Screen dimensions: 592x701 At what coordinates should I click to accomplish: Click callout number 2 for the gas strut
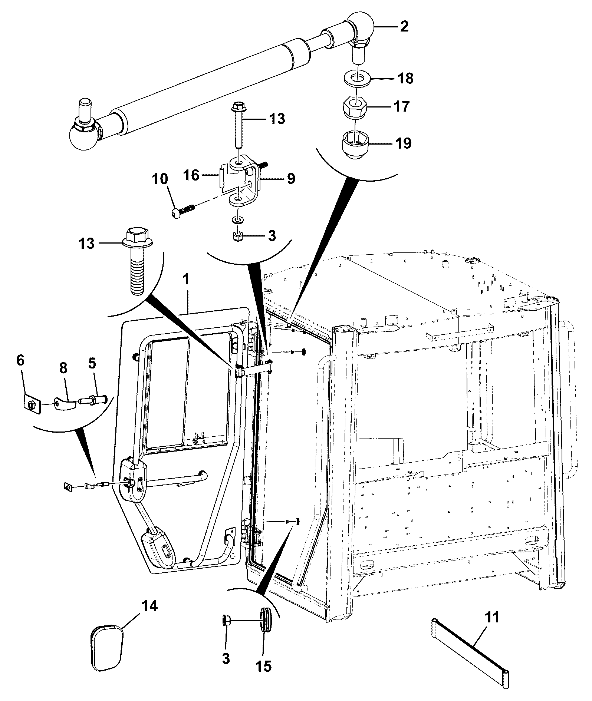point(404,26)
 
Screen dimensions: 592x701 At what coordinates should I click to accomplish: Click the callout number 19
point(403,143)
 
